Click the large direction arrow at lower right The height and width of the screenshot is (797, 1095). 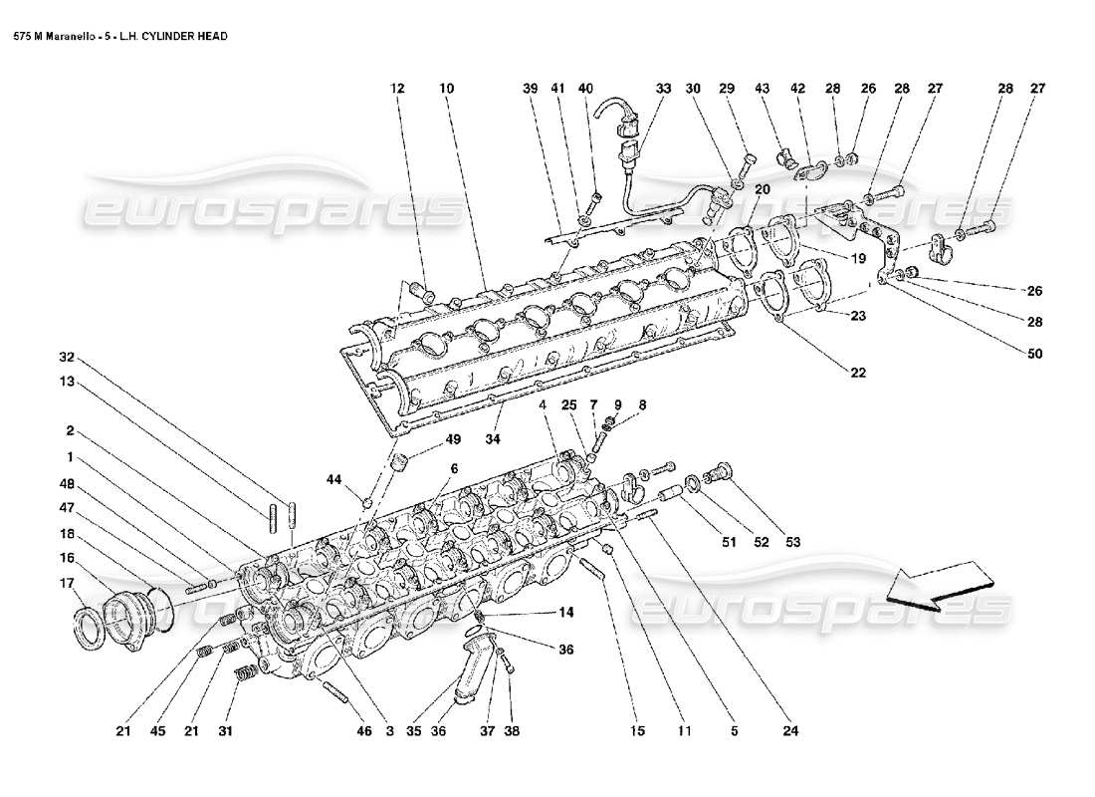(941, 585)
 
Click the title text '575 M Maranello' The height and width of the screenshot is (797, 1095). (56, 36)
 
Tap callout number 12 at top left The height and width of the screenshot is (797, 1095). (397, 89)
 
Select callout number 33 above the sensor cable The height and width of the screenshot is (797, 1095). (663, 89)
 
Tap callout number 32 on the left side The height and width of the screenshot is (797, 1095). (67, 357)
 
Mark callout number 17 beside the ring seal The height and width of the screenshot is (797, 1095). (68, 583)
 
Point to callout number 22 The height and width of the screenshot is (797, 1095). (857, 373)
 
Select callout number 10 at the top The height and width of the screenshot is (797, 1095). (446, 89)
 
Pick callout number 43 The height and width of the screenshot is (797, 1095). (763, 89)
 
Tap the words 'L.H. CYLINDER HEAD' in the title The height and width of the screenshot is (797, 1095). (179, 36)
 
